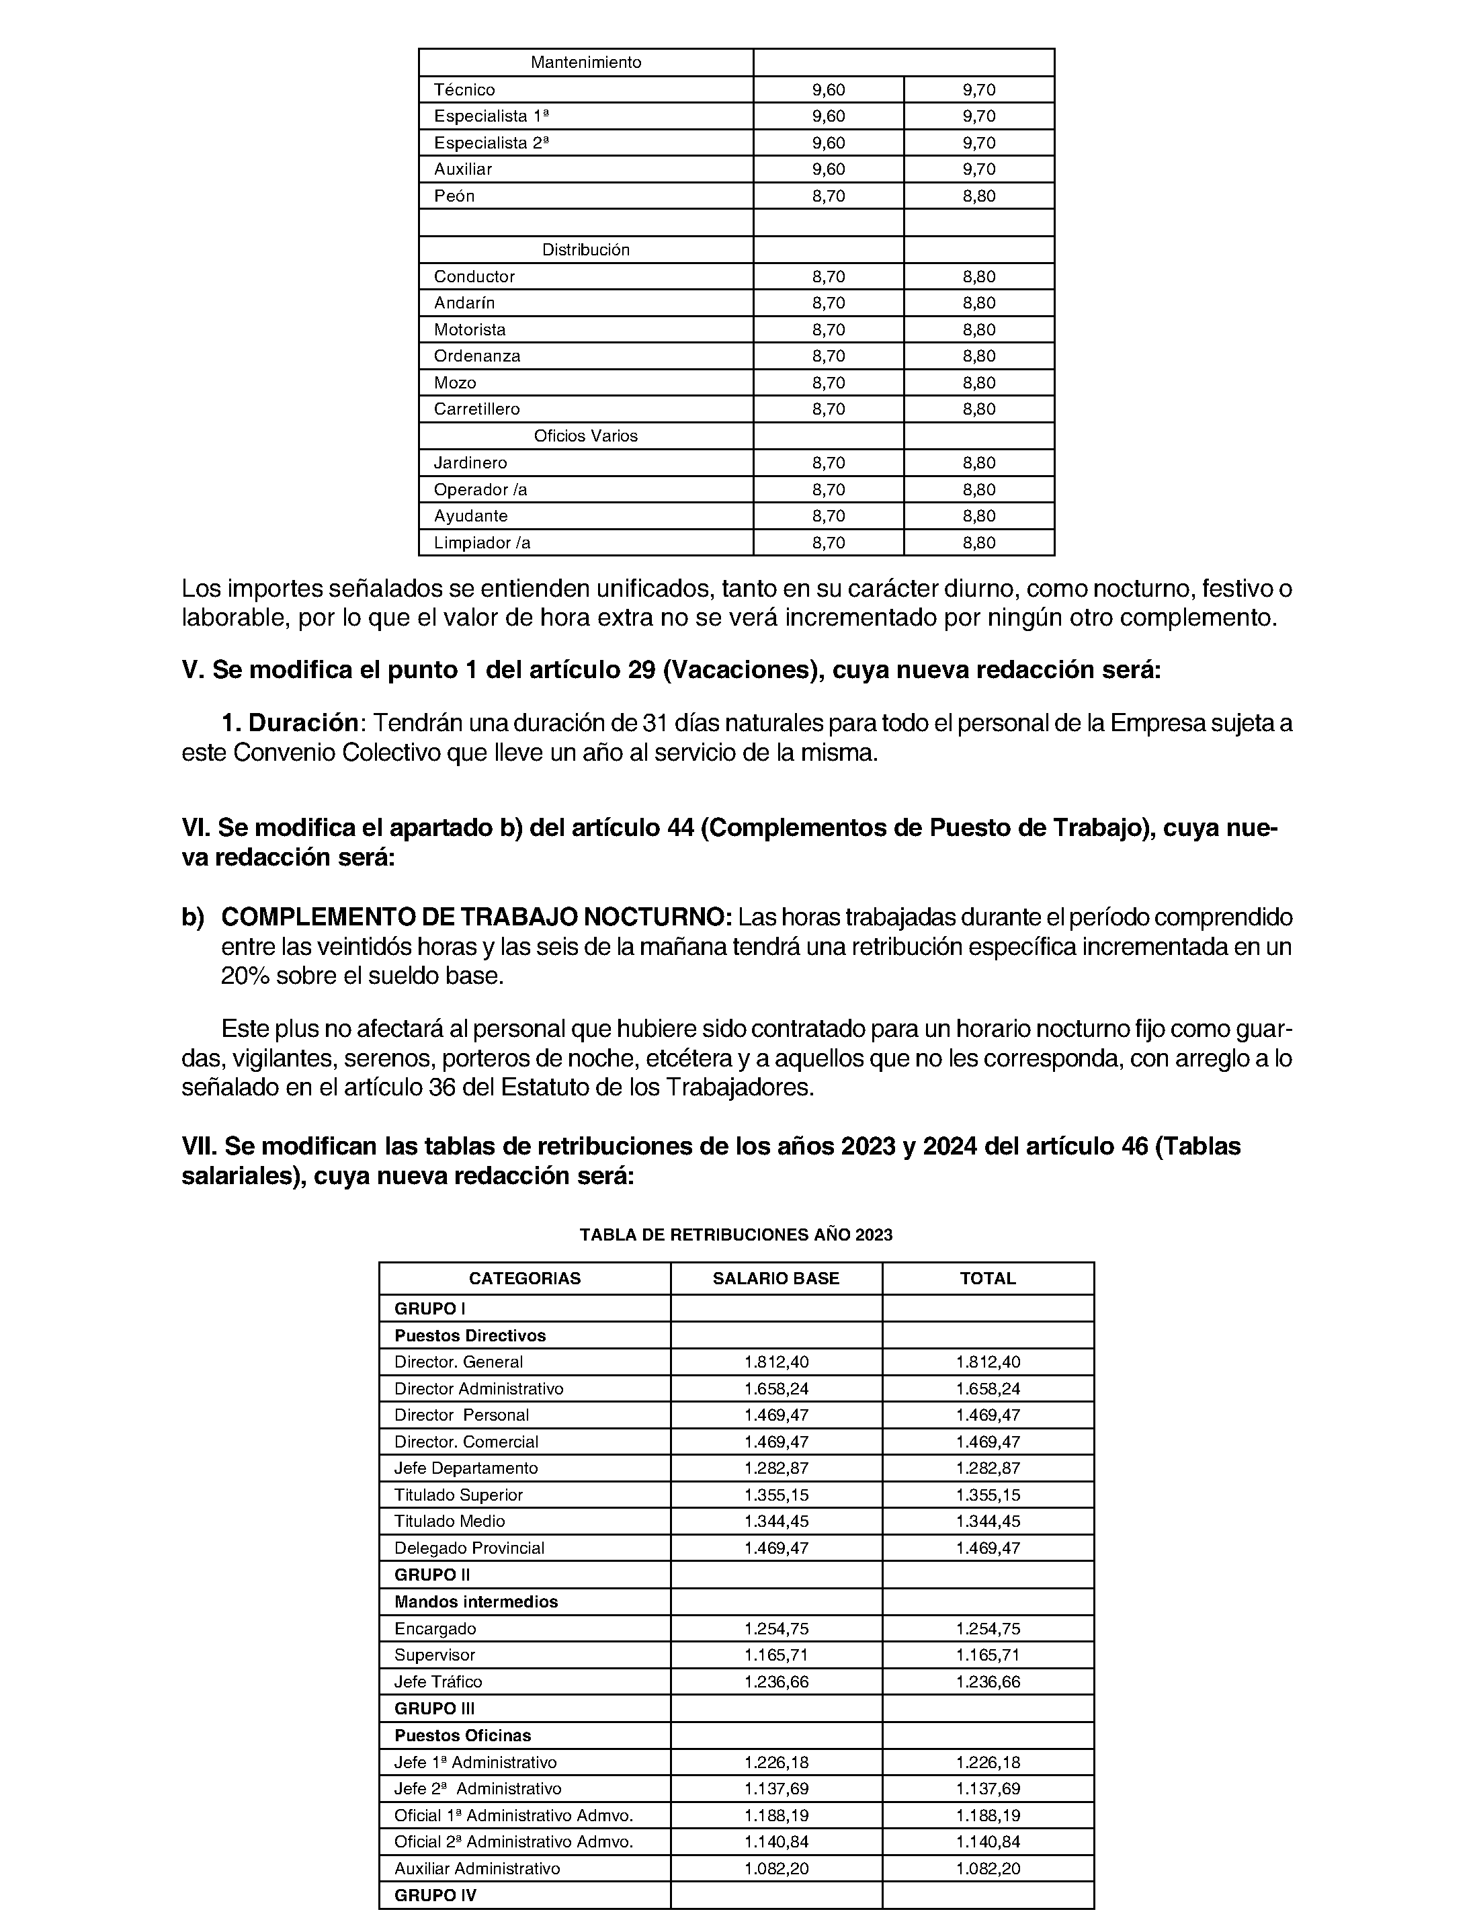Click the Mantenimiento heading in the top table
[x=586, y=62]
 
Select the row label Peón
[x=454, y=196]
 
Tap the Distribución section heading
[x=586, y=250]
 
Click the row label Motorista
[x=469, y=330]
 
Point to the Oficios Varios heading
[x=586, y=435]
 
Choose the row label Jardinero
[x=470, y=463]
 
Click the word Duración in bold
[x=302, y=723]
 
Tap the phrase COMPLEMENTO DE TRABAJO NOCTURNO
[x=476, y=917]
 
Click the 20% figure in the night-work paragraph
[x=245, y=976]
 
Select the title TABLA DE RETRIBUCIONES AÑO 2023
[x=736, y=1235]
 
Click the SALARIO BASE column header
[x=776, y=1278]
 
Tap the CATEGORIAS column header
[x=524, y=1278]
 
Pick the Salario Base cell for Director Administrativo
[x=776, y=1389]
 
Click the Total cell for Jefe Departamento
[x=988, y=1468]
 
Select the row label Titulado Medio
[x=449, y=1521]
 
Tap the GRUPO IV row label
[x=435, y=1895]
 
